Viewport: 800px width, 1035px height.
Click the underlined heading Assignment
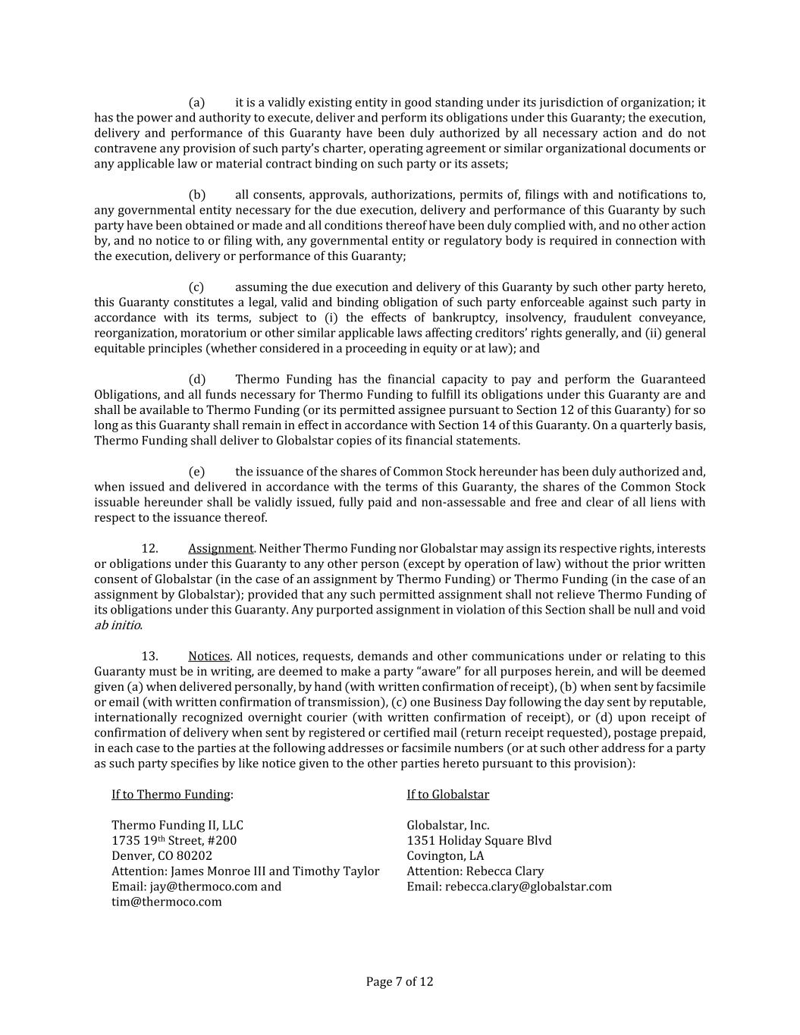point(221,548)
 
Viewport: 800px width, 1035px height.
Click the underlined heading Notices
point(209,656)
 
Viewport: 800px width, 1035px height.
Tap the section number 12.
point(149,548)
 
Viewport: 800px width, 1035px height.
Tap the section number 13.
point(149,656)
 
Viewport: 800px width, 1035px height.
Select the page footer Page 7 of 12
point(400,982)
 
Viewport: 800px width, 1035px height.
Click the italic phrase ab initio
point(118,626)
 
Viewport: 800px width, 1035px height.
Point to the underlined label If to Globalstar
point(447,795)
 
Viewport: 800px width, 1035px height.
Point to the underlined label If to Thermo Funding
point(171,795)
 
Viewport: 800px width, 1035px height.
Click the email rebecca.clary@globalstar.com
point(528,886)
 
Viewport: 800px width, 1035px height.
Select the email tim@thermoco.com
point(167,902)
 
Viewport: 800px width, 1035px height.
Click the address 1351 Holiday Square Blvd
point(479,840)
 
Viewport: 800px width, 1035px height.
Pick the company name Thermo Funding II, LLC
point(177,825)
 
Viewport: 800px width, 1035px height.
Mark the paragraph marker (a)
point(196,102)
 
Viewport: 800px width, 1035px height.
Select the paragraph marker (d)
point(196,379)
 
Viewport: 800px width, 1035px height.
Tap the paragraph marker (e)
point(196,472)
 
